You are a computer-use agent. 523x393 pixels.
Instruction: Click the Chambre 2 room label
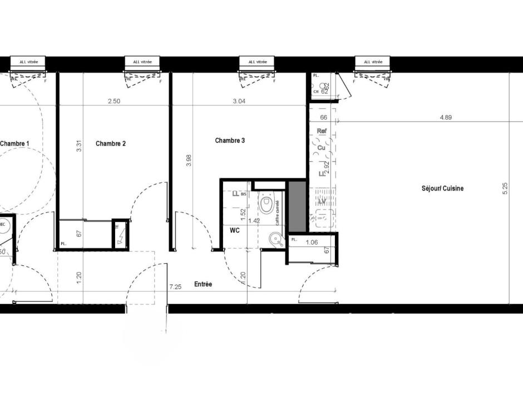[x=110, y=143]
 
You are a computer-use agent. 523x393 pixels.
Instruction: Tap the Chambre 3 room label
[x=230, y=140]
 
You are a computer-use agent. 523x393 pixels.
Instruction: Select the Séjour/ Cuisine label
[x=442, y=188]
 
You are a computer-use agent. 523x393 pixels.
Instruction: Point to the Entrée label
[x=203, y=284]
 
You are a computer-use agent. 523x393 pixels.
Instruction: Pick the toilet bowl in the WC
[x=268, y=205]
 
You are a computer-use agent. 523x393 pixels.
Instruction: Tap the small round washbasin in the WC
[x=274, y=240]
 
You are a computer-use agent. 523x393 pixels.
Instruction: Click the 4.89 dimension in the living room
[x=446, y=118]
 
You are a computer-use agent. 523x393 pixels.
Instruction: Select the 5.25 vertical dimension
[x=505, y=188]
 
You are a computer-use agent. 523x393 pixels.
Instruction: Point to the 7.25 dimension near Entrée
[x=175, y=287]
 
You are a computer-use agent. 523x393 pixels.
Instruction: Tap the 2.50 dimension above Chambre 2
[x=114, y=101]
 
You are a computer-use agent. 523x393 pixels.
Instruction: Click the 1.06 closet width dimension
[x=312, y=241]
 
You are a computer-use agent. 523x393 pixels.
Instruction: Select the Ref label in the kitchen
[x=321, y=131]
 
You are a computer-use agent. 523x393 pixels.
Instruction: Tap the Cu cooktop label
[x=322, y=148]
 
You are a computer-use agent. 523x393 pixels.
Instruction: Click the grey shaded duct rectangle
[x=298, y=205]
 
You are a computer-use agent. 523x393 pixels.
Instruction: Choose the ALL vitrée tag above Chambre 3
[x=258, y=62]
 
